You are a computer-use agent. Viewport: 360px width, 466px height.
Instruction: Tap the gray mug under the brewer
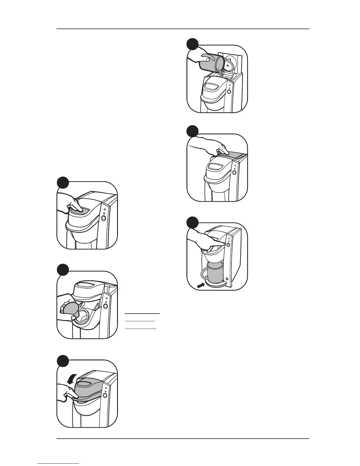click(215, 272)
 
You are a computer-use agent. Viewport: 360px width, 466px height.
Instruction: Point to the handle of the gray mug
click(204, 274)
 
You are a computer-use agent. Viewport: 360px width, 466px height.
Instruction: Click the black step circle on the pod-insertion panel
click(63, 270)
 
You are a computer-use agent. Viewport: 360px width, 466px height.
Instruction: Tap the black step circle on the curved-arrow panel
click(63, 361)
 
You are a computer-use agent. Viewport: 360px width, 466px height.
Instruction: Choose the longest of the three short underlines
click(142, 314)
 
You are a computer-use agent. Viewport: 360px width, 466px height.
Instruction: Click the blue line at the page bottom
click(59, 463)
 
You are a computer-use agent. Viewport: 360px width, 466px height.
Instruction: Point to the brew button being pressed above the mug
click(228, 244)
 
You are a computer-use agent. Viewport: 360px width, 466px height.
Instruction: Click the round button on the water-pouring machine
click(229, 91)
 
